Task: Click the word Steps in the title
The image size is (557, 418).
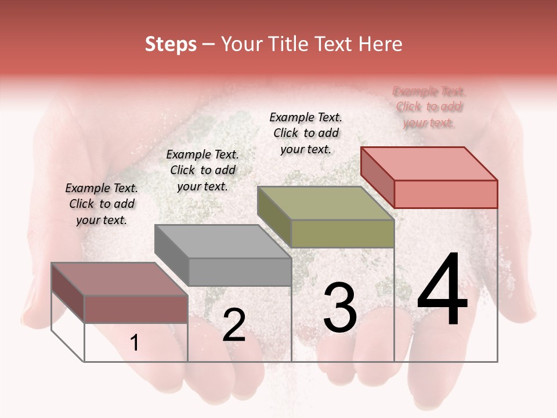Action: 171,44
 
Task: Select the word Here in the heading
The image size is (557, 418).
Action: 380,44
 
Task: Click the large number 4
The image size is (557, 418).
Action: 442,290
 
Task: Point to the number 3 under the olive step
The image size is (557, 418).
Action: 339,308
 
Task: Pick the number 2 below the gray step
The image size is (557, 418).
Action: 234,325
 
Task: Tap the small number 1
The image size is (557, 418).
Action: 135,343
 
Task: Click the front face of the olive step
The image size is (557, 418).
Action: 342,233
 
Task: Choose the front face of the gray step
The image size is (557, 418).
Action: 240,272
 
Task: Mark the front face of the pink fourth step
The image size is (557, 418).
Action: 446,194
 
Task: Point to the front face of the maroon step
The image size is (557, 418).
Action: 136,309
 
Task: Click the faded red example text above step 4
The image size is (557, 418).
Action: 429,107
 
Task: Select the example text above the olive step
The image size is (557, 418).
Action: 306,133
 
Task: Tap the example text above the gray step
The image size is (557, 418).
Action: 202,170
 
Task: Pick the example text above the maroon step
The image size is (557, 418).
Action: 102,204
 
